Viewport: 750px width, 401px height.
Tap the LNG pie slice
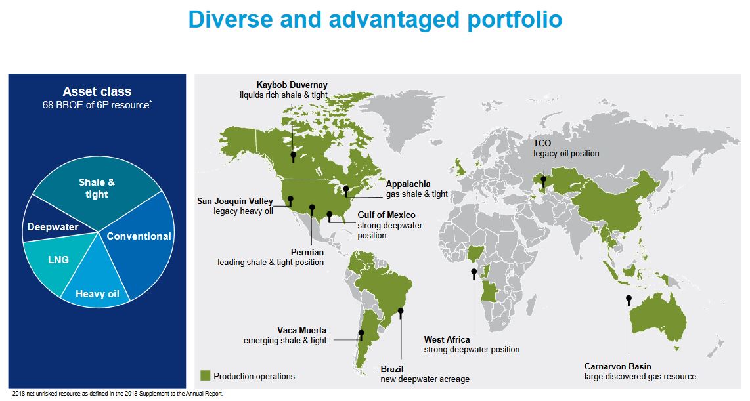click(x=57, y=261)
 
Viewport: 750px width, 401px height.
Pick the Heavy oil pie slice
click(x=97, y=287)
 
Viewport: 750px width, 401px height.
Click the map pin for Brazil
click(x=401, y=311)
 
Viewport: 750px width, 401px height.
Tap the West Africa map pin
click(x=474, y=272)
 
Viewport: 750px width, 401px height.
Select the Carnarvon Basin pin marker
click(x=629, y=299)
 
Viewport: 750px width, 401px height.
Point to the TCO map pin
click(x=543, y=180)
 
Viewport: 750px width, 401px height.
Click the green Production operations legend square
click(x=205, y=375)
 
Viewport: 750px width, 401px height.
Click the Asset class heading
click(x=97, y=92)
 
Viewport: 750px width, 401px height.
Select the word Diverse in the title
click(x=230, y=20)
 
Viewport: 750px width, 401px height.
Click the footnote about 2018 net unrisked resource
click(x=116, y=394)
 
